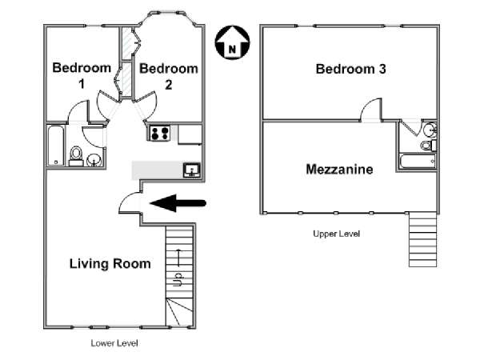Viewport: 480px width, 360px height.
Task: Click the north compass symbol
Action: [232, 42]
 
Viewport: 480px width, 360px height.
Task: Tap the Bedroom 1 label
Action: [82, 75]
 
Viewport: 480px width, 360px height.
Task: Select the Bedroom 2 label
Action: [169, 76]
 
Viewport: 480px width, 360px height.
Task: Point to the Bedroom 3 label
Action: [351, 69]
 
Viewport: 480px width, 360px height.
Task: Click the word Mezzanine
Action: [339, 170]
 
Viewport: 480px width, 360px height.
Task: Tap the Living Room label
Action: [110, 263]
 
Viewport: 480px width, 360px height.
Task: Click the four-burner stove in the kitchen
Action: [159, 133]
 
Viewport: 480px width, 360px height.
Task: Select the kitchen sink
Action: [192, 170]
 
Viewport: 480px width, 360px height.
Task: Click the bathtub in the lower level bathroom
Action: [56, 146]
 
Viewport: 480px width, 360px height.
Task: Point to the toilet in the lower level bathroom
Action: [76, 155]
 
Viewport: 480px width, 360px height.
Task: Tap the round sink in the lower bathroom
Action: [94, 160]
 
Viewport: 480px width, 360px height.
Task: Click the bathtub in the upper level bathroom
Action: [418, 162]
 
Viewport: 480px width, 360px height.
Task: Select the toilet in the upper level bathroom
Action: [428, 145]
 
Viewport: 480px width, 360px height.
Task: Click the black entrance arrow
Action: [178, 203]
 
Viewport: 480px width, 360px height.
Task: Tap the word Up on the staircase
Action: [178, 279]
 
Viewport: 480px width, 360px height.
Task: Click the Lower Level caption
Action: [114, 343]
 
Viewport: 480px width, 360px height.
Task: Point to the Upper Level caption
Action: [337, 234]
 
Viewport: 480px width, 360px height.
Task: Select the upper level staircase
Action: [422, 240]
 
